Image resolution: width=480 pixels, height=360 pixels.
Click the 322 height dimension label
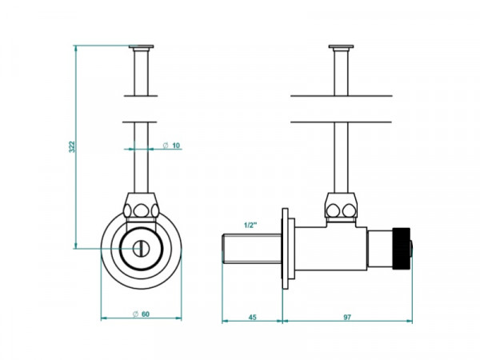coord(72,146)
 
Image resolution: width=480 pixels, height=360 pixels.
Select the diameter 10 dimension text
coord(172,146)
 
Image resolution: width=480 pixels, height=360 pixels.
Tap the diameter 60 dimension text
coord(141,314)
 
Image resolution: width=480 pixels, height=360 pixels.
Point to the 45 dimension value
coord(252,317)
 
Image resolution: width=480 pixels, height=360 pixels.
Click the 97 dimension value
coord(347,317)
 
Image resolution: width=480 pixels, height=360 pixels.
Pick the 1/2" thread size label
coord(250,226)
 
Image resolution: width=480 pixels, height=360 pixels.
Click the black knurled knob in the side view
coord(402,249)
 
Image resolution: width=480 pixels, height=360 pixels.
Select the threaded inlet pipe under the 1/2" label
coord(252,249)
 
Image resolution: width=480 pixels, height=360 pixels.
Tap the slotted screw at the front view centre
coord(141,249)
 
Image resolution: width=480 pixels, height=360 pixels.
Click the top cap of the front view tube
coord(141,47)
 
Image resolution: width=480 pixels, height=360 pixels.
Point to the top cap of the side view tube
coord(341,47)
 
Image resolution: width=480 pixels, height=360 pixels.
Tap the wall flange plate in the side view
coord(286,249)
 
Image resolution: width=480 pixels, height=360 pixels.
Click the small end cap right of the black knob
coord(411,249)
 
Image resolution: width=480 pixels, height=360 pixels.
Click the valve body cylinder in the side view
coord(330,249)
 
